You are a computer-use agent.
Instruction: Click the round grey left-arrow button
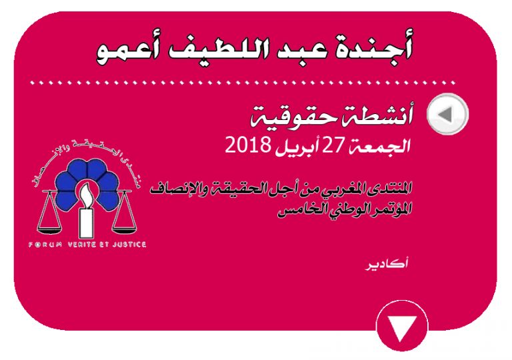coord(448,114)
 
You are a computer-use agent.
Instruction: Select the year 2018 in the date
coord(248,145)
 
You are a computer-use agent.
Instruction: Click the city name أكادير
coord(387,263)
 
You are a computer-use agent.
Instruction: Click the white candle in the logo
coord(86,213)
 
